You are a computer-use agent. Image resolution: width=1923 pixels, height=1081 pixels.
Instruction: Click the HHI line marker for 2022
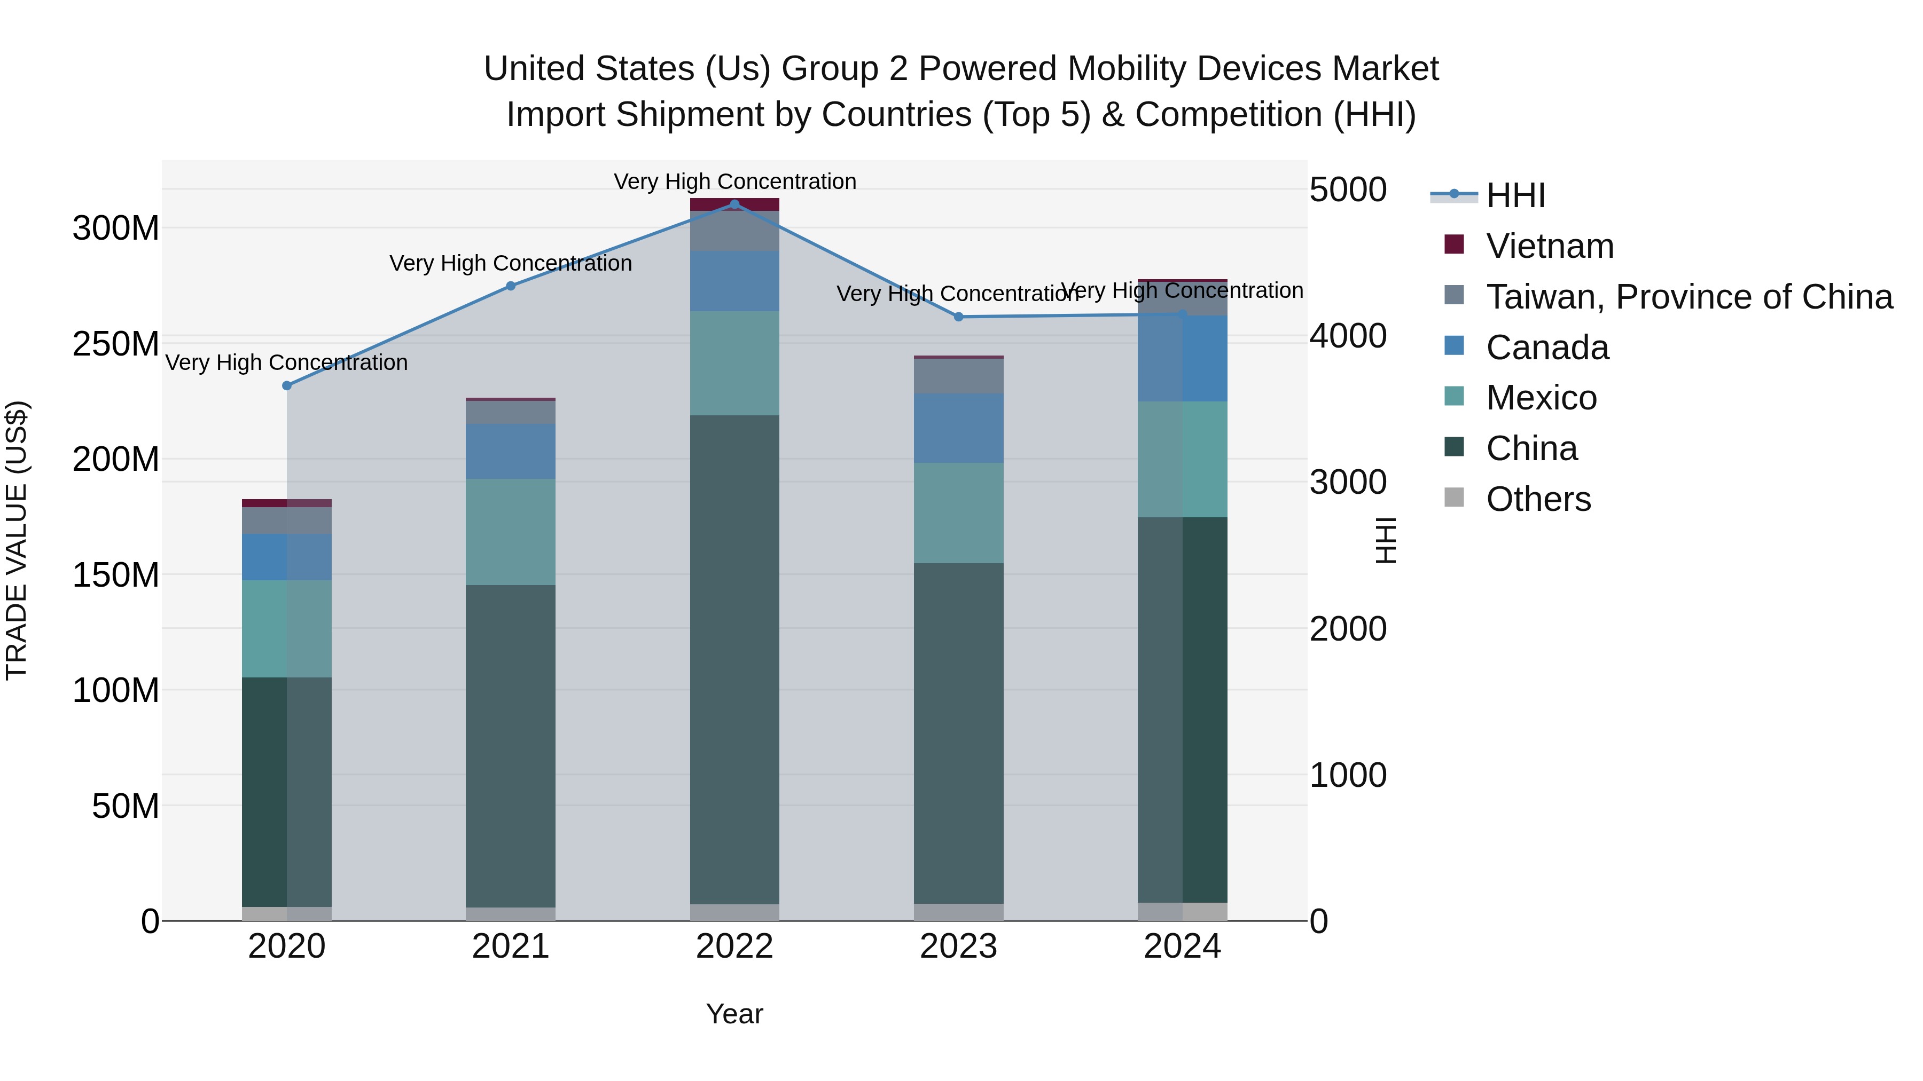tap(734, 204)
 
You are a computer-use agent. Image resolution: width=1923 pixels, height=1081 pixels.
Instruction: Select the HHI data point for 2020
tap(287, 386)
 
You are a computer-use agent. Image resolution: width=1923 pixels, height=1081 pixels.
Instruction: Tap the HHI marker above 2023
tap(958, 317)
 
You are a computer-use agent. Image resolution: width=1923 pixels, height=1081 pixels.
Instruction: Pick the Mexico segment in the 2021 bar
tap(511, 532)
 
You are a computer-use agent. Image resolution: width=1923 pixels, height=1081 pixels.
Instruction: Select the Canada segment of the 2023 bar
tap(958, 428)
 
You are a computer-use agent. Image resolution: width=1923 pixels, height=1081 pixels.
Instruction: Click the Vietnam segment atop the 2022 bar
tap(734, 204)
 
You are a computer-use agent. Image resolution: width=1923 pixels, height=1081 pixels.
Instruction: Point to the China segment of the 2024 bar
tap(1183, 709)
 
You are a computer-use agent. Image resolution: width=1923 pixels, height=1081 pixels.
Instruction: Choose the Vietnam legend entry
tap(1549, 246)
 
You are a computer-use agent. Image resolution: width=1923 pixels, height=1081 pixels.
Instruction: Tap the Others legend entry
tap(1538, 499)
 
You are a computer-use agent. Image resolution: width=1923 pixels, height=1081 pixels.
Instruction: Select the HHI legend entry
tap(1515, 195)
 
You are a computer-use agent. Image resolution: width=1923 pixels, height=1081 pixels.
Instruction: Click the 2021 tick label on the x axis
tap(511, 946)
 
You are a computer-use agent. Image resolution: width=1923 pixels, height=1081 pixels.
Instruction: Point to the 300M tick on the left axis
tap(116, 228)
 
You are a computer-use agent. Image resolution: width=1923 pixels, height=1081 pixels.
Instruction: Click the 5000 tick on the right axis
tap(1348, 190)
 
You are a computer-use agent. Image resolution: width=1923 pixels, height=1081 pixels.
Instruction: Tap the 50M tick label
tap(126, 807)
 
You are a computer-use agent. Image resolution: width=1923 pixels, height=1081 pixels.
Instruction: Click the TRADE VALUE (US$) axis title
tap(17, 540)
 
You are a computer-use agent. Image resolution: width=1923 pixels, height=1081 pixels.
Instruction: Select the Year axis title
tap(734, 1014)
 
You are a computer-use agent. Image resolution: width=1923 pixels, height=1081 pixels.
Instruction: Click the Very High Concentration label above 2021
tap(511, 263)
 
